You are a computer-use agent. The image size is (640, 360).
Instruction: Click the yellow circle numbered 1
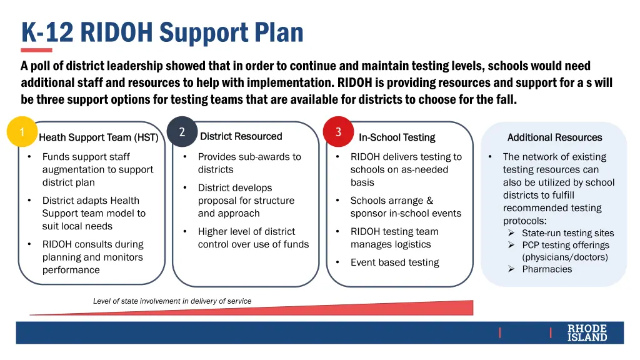(22, 132)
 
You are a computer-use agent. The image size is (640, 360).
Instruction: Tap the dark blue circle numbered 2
(182, 132)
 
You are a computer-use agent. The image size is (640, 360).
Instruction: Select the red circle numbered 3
(338, 132)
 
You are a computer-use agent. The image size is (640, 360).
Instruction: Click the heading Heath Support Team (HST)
(98, 137)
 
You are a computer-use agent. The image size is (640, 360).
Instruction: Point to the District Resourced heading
(241, 136)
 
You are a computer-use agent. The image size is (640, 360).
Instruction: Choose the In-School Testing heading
(397, 137)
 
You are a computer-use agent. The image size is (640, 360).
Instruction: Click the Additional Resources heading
(554, 137)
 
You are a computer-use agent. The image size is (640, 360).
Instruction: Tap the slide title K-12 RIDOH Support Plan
(162, 32)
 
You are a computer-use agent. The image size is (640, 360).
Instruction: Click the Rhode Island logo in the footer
(587, 332)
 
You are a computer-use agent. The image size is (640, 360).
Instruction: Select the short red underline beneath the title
(36, 50)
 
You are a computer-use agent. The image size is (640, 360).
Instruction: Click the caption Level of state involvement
(172, 301)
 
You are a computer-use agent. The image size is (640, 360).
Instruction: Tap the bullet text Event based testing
(394, 262)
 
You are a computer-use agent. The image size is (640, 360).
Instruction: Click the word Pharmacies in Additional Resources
(547, 269)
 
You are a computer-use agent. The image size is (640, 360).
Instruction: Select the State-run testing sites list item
(567, 233)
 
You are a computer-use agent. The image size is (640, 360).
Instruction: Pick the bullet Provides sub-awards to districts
(249, 163)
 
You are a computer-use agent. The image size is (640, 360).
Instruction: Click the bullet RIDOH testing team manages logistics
(394, 238)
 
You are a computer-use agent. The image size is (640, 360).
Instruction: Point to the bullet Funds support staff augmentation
(97, 169)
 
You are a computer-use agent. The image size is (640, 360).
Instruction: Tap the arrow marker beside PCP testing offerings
(511, 245)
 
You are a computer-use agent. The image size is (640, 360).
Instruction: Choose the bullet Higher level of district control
(253, 238)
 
